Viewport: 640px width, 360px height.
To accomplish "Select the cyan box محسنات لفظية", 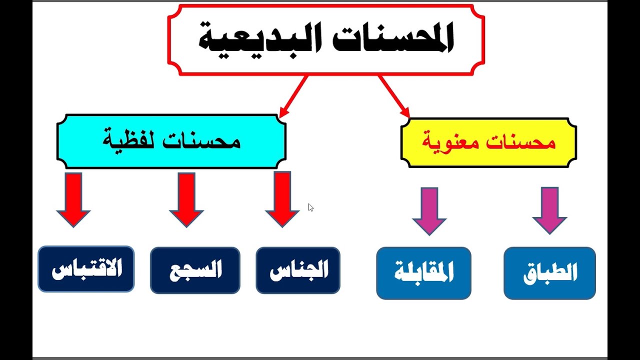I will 171,141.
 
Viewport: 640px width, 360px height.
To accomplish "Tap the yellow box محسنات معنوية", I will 488,142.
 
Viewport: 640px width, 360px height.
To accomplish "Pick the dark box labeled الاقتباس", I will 86,269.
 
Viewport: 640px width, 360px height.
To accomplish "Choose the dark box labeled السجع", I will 195,270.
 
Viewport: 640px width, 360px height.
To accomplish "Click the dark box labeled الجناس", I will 298,270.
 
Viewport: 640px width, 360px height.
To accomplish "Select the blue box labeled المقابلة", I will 423,273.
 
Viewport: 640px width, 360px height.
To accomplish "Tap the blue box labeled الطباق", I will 549,273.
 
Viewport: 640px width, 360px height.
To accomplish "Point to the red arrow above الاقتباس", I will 73,199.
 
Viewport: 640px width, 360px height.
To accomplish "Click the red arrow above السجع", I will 186,199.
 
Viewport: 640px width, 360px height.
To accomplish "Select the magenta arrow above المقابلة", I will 429,210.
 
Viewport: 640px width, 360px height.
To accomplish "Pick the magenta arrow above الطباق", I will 549,210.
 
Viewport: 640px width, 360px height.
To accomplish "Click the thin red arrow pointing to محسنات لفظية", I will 294,96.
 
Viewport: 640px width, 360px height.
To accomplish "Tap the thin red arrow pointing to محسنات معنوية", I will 394,96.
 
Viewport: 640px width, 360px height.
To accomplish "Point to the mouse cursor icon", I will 310,207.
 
